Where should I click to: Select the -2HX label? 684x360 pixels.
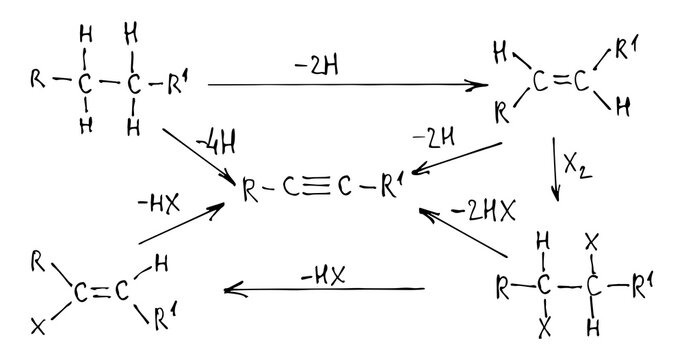[x=481, y=213]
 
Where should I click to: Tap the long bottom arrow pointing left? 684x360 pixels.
[x=325, y=290]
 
